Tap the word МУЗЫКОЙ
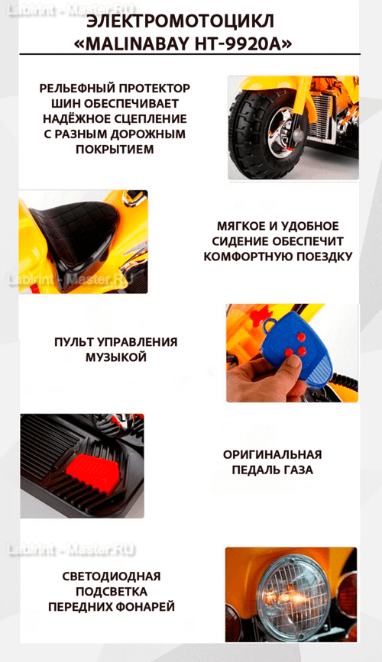click(x=115, y=357)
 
